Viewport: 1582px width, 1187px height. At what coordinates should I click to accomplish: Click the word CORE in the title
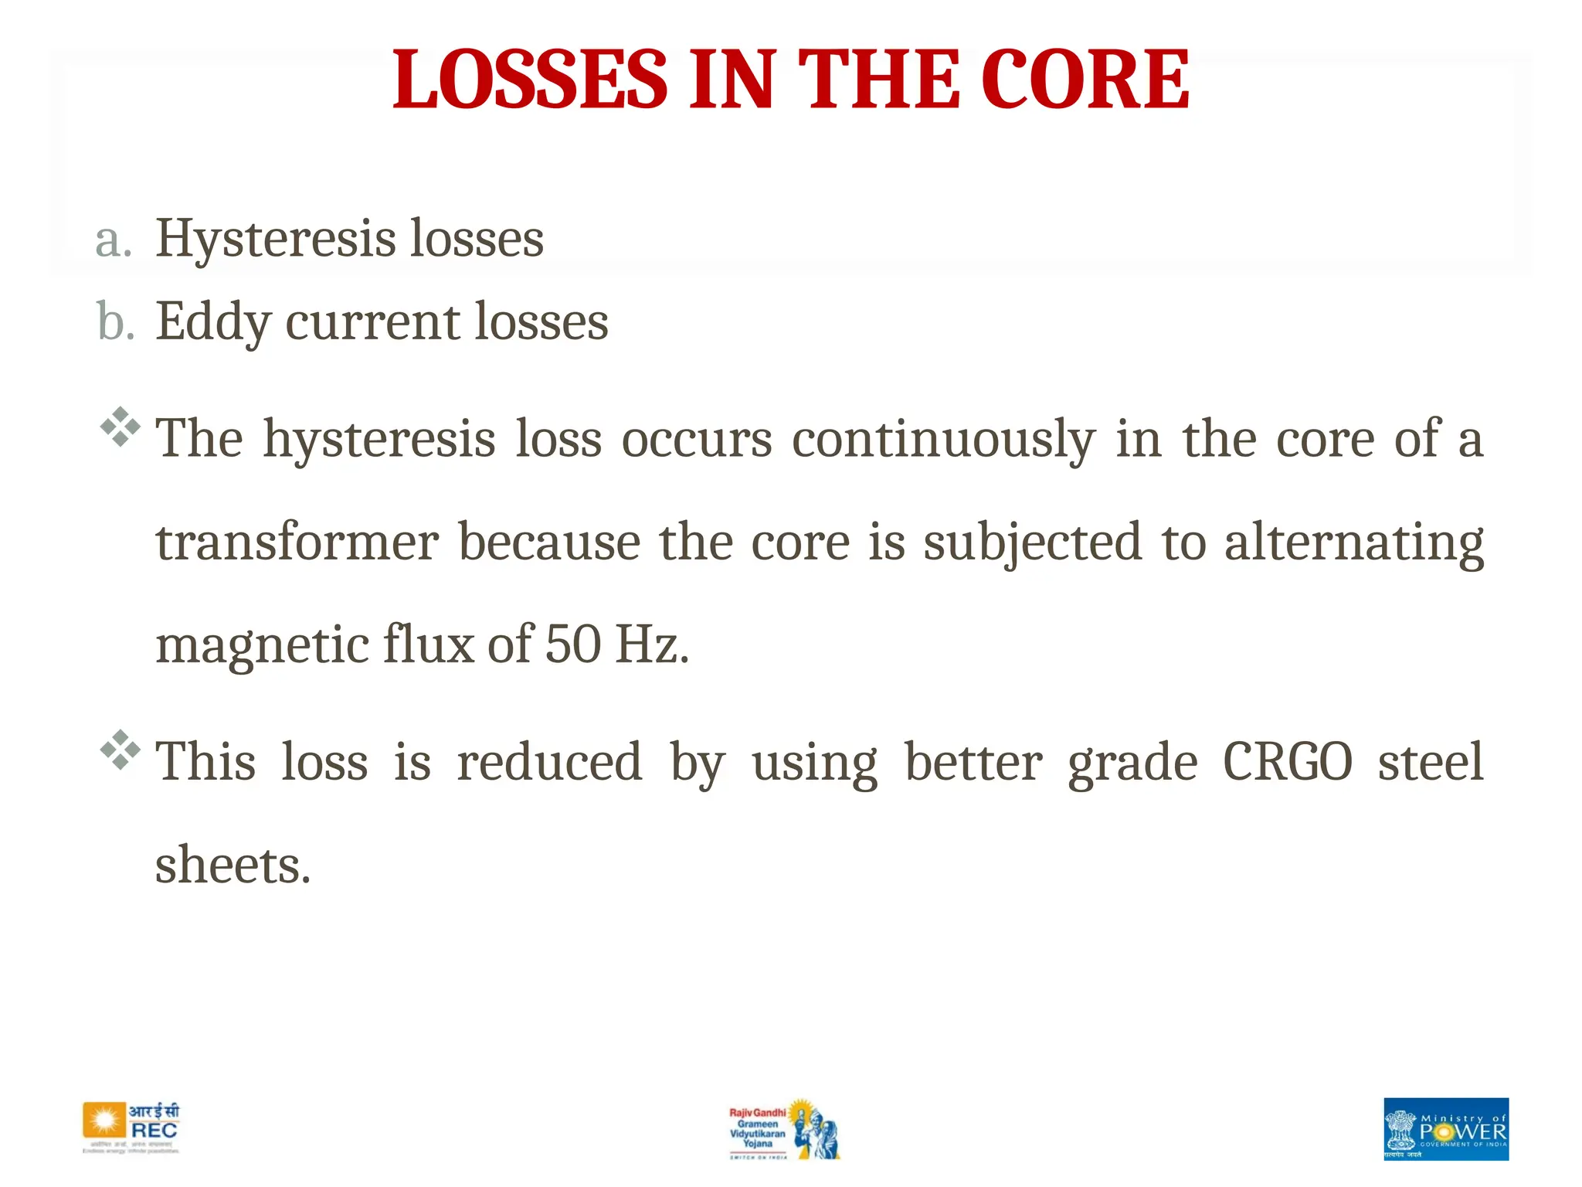click(x=1085, y=79)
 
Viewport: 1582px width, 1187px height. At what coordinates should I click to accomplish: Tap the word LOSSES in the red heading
click(x=530, y=79)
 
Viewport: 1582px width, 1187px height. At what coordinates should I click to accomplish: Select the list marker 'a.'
click(x=114, y=240)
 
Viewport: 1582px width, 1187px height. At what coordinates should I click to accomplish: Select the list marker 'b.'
click(x=115, y=322)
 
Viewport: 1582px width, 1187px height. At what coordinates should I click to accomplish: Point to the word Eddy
click(x=212, y=322)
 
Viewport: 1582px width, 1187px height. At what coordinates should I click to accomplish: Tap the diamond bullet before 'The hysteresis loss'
click(x=121, y=426)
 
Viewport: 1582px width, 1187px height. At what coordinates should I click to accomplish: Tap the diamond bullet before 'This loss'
click(x=121, y=749)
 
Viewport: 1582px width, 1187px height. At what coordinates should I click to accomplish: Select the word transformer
click(x=297, y=542)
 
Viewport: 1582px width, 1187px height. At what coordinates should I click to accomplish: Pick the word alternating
click(x=1353, y=542)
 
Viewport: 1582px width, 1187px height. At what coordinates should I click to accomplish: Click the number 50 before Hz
click(x=572, y=645)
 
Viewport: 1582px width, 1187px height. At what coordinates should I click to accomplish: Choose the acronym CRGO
click(x=1288, y=763)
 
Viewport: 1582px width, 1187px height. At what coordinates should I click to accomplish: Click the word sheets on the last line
click(x=232, y=866)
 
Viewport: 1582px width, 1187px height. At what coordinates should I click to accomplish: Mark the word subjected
click(x=1032, y=542)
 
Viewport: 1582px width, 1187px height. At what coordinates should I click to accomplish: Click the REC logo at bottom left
click(x=131, y=1127)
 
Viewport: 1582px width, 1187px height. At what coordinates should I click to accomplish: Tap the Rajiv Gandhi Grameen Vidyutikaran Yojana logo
click(x=783, y=1130)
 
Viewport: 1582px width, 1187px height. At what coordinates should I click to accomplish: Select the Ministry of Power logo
click(x=1445, y=1129)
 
